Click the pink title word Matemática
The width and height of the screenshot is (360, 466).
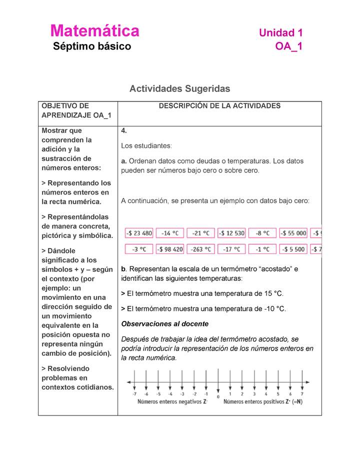pos(94,31)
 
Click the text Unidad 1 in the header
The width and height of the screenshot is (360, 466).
pos(280,33)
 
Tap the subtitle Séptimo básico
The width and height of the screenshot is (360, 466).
pos(92,46)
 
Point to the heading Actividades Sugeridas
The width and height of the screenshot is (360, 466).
pos(179,88)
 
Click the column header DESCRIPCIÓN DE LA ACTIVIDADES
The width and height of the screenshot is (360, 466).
pos(219,106)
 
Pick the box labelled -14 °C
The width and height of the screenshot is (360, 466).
pos(170,233)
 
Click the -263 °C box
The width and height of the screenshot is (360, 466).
pos(201,248)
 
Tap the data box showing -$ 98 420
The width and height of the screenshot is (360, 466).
pos(170,248)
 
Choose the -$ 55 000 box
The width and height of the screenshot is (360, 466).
pos(293,233)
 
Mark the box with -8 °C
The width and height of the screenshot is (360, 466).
pos(262,233)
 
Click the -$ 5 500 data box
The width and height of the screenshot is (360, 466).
pos(293,248)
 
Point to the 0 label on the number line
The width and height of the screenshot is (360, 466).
pos(218,396)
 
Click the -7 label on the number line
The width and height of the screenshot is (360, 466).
pos(134,394)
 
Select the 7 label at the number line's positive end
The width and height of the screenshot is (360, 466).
pos(301,394)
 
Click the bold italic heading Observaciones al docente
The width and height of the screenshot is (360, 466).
pos(165,324)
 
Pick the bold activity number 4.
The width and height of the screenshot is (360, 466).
pos(124,131)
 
